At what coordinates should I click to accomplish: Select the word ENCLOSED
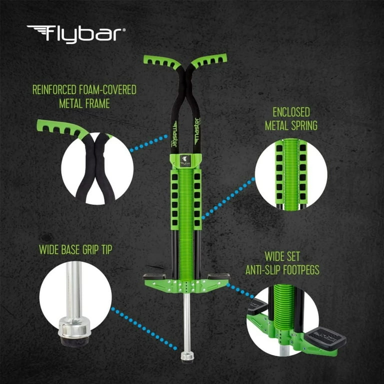coord(291,112)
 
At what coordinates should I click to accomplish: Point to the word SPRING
coord(304,125)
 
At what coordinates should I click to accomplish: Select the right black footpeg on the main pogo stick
coord(219,275)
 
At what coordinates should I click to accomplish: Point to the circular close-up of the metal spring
coord(291,172)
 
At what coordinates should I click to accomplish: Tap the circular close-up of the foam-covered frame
coord(97,167)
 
